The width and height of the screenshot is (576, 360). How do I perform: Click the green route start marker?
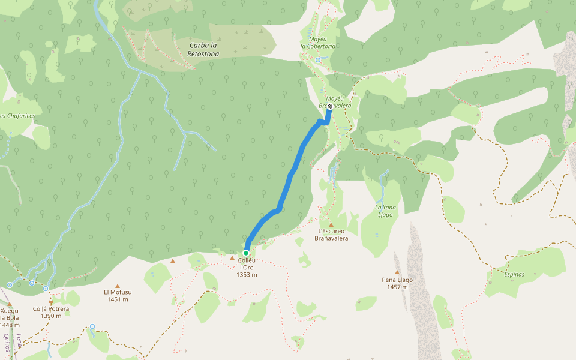[246, 253]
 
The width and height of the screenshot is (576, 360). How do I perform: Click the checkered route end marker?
[330, 106]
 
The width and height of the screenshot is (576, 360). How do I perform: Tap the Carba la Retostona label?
[203, 49]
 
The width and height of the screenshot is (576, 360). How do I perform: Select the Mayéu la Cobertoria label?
[318, 42]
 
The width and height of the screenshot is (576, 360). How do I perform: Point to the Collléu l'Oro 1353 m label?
[247, 268]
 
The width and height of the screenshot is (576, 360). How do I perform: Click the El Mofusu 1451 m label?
[117, 296]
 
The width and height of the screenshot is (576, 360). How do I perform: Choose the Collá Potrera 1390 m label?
[51, 313]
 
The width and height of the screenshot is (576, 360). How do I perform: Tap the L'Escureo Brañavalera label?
[331, 234]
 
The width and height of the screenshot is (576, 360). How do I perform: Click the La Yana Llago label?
[385, 211]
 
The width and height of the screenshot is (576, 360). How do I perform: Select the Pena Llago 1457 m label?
[397, 283]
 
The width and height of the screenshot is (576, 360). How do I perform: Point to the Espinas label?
[514, 274]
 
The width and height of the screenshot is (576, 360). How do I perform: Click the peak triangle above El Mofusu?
[118, 286]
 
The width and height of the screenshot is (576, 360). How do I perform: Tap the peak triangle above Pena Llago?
[397, 272]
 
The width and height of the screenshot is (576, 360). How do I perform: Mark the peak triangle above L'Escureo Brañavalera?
[331, 224]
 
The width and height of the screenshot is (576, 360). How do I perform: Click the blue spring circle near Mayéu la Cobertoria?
[318, 60]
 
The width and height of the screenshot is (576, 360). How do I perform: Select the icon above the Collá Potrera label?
[51, 301]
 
